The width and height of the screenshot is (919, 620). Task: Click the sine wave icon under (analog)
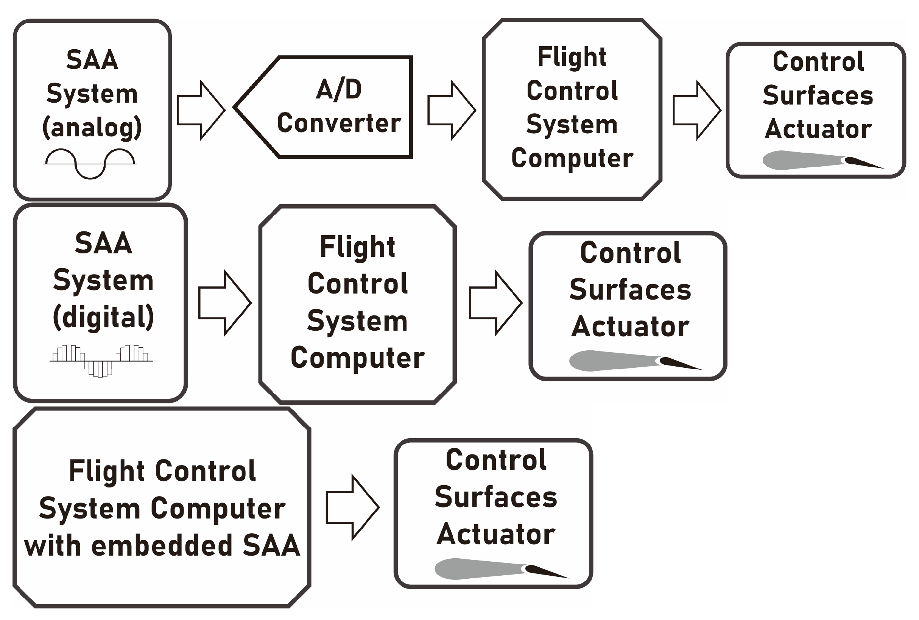pos(90,163)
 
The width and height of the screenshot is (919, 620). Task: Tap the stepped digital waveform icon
pos(101,361)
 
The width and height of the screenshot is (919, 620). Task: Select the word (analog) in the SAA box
pos(92,127)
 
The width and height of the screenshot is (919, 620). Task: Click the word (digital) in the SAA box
pos(103,317)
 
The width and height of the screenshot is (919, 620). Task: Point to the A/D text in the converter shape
pos(339,89)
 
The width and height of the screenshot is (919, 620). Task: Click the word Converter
pos(339,123)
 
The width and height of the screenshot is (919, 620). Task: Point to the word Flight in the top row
pos(572,57)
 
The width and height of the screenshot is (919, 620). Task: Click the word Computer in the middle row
pos(358,358)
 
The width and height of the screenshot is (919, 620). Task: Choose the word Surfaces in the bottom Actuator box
pos(495,497)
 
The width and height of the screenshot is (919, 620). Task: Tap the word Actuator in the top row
pos(818,129)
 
